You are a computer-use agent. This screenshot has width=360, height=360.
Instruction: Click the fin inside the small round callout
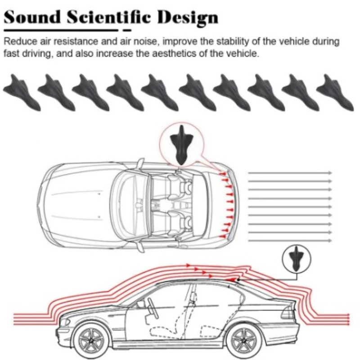pyautogui.click(x=296, y=260)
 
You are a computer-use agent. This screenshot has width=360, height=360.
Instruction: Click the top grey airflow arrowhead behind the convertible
pyautogui.click(x=330, y=173)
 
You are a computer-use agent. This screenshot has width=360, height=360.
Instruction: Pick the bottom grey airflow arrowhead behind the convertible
pyautogui.click(x=330, y=241)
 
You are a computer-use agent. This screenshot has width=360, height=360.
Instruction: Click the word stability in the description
pyautogui.click(x=237, y=42)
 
